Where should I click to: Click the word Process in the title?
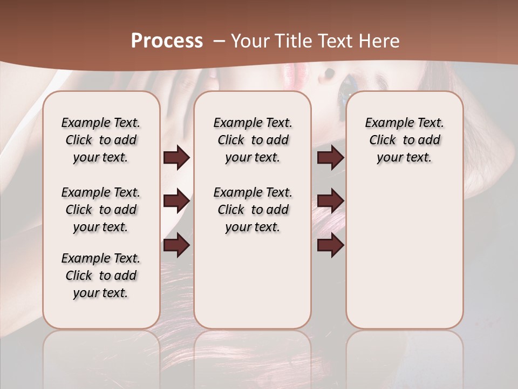tap(167, 41)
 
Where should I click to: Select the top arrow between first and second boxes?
tap(176, 158)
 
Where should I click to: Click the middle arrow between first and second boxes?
tap(176, 201)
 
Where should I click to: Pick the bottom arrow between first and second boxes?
tap(176, 245)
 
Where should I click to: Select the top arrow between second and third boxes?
tap(330, 158)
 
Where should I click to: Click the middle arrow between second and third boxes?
tap(330, 201)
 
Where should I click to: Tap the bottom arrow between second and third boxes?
tap(330, 245)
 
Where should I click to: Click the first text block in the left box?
tap(101, 140)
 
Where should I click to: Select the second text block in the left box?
tap(101, 210)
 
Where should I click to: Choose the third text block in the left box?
tap(101, 276)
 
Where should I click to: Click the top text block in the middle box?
tap(253, 140)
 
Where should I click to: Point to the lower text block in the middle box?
tap(253, 210)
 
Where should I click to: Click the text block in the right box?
tap(404, 140)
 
